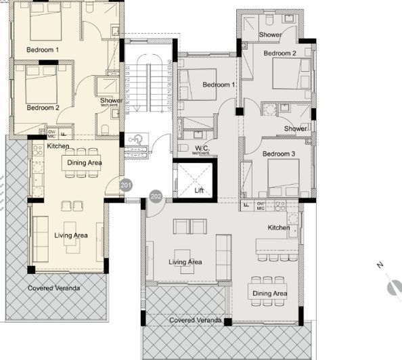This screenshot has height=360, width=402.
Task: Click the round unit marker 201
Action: pyautogui.click(x=125, y=185)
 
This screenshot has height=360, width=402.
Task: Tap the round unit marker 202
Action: pyautogui.click(x=156, y=197)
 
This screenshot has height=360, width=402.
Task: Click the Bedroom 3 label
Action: pyautogui.click(x=280, y=154)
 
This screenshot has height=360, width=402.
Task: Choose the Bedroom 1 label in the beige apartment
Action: pyautogui.click(x=43, y=50)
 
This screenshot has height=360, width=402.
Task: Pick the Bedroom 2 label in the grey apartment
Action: pyautogui.click(x=280, y=53)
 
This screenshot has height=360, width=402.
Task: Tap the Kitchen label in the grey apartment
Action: pyautogui.click(x=279, y=227)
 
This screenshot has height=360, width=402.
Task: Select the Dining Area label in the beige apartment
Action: pyautogui.click(x=83, y=162)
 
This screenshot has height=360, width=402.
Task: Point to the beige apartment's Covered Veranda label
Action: pyautogui.click(x=53, y=288)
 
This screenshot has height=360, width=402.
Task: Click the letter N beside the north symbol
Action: pyautogui.click(x=380, y=265)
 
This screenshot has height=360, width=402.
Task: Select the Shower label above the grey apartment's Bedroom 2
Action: pyautogui.click(x=270, y=35)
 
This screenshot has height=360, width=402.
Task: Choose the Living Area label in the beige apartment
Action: pyautogui.click(x=70, y=235)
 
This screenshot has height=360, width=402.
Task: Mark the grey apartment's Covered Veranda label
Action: pyautogui.click(x=194, y=319)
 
